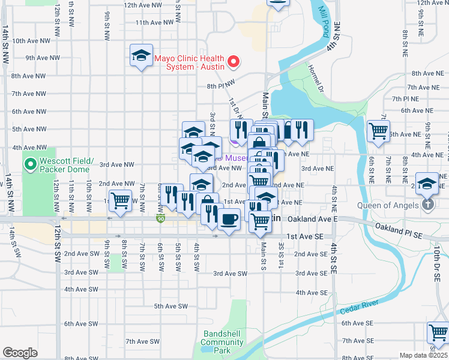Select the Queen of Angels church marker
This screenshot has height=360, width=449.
coord(427,205)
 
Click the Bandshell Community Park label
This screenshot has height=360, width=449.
coord(223,342)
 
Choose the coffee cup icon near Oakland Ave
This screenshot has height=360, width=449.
coord(229,220)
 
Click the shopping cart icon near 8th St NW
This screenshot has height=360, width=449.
coord(121,200)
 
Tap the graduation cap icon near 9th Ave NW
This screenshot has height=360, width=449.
coord(141,56)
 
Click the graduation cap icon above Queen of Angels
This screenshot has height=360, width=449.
coord(427,182)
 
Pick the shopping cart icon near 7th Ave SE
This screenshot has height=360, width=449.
coord(438,332)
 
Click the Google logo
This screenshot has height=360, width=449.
coord(20,353)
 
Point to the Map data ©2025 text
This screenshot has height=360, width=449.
coord(423,355)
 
